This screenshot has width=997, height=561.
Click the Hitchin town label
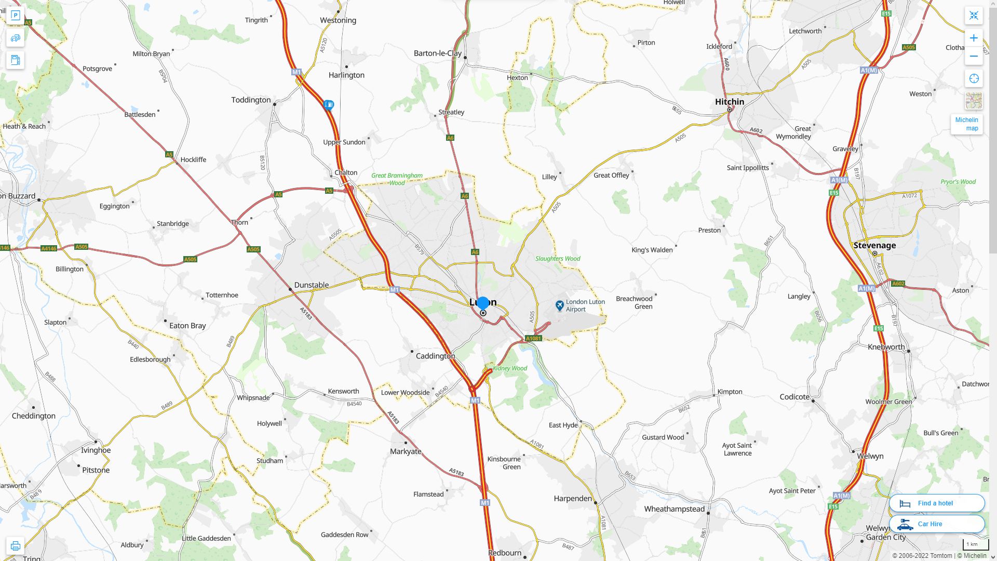[729, 102]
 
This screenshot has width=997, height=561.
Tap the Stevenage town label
[874, 245]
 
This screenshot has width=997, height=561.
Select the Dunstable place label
[311, 285]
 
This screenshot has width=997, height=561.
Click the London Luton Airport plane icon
[559, 305]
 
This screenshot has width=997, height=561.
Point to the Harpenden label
[572, 499]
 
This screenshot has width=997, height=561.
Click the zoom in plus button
[974, 38]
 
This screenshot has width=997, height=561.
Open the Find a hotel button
[936, 503]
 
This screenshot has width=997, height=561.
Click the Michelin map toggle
[966, 124]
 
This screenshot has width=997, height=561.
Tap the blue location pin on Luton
[483, 303]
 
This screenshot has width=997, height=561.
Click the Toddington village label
[251, 100]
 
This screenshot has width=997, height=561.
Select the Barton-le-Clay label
[437, 53]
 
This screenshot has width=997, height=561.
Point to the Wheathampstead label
[674, 509]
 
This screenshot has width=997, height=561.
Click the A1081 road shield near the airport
[533, 339]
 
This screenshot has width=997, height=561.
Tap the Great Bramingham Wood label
[397, 179]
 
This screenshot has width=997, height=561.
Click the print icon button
[15, 546]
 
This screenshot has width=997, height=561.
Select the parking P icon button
[15, 16]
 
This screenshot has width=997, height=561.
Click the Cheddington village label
[33, 416]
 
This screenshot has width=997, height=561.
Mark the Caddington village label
[435, 356]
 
